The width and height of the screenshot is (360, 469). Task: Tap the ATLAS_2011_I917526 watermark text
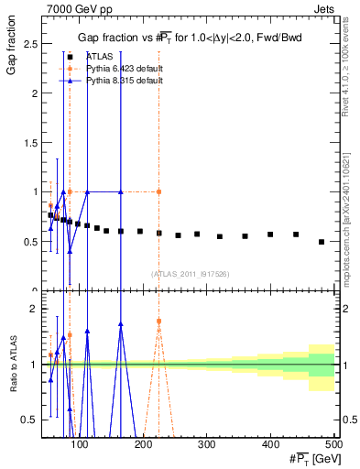click(x=190, y=274)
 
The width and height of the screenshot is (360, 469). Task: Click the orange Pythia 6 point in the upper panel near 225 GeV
click(x=159, y=191)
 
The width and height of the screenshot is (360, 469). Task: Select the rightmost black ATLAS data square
click(x=322, y=242)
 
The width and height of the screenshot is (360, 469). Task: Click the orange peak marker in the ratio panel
click(x=159, y=322)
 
